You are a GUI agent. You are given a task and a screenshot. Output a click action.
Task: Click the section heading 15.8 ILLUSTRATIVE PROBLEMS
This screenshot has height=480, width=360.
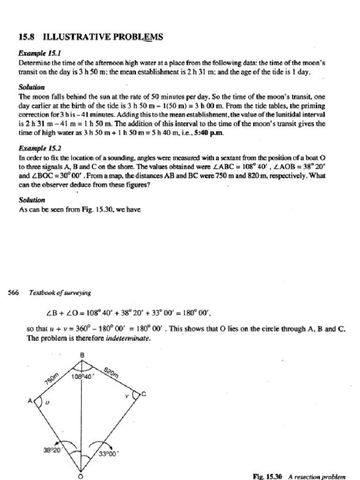point(90,37)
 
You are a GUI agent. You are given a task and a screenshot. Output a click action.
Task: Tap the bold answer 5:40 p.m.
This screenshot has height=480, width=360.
point(213,134)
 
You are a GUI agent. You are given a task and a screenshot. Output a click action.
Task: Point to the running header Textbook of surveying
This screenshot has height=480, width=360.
point(60,293)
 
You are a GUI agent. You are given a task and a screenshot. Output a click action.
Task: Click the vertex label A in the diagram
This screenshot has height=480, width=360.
point(30,401)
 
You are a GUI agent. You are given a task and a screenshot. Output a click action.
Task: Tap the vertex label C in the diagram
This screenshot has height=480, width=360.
point(143,395)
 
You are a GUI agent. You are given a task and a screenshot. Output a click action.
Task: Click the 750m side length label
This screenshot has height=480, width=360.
point(51,377)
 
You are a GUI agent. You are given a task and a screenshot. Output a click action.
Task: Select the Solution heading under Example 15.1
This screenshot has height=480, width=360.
point(31,87)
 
